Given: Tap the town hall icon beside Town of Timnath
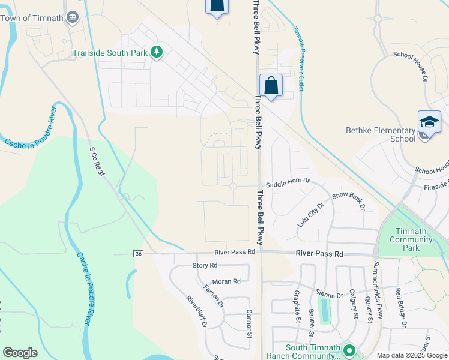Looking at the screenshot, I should [x=73, y=17].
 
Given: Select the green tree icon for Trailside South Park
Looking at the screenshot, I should [x=157, y=52].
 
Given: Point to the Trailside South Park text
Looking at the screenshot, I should [x=110, y=53].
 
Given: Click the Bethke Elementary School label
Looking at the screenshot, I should [x=381, y=134].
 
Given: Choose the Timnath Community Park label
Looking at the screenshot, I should [x=411, y=235].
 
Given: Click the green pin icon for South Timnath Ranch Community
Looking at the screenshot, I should [x=348, y=350].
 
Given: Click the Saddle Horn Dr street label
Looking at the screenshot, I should [x=288, y=181].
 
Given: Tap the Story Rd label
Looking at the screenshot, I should [x=205, y=265].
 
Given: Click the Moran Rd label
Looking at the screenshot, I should [x=226, y=281].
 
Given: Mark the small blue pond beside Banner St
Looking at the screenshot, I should [x=325, y=310].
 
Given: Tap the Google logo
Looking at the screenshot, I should [x=20, y=353].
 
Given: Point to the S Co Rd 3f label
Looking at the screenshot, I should [x=97, y=162].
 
